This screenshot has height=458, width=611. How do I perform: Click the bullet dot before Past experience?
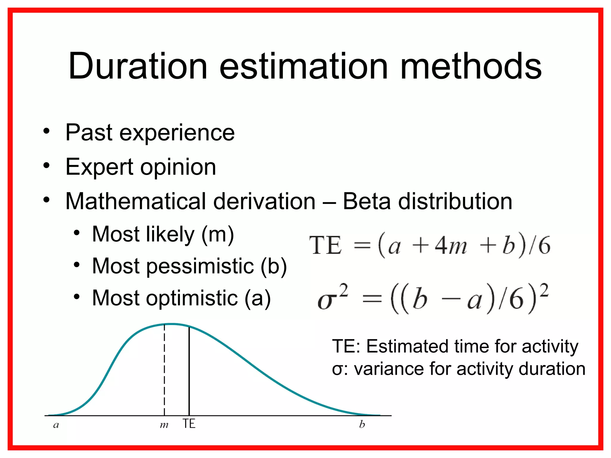point(46,131)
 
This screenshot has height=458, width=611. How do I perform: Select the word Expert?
point(99,167)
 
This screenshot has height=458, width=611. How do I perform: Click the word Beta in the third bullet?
point(367,201)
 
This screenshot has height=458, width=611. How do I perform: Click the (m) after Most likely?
point(217,234)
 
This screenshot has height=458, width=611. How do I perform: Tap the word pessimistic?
point(200,266)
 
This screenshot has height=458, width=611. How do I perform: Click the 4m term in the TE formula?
point(451,246)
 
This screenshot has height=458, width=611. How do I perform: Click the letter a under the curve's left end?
point(56,425)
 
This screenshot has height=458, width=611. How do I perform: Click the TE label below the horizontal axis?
point(189,424)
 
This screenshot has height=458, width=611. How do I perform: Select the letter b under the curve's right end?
point(362,424)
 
